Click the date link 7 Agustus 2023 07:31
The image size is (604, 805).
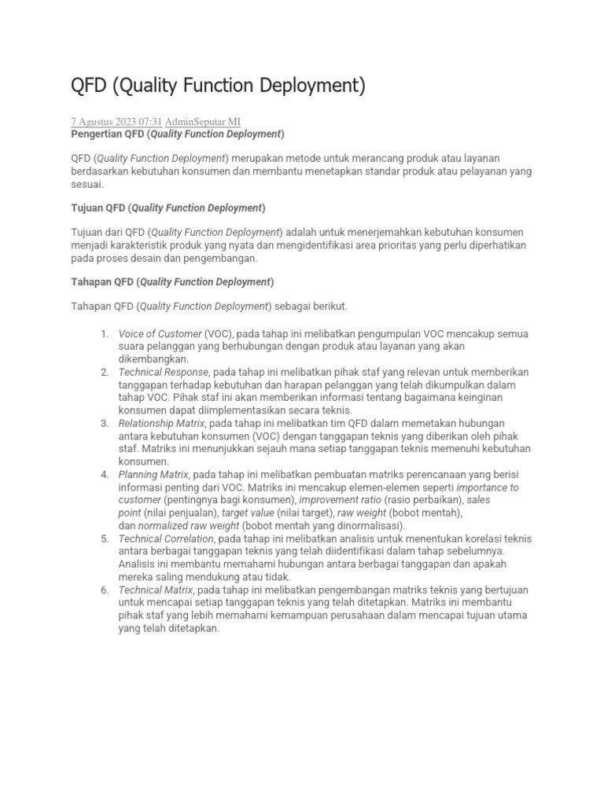tap(116, 121)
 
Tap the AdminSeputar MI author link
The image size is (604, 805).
tap(203, 121)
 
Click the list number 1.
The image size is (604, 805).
tap(105, 334)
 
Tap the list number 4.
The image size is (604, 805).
tap(105, 475)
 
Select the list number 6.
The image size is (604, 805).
tap(105, 590)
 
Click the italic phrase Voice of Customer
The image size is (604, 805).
tap(160, 334)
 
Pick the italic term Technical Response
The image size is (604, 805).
tap(164, 372)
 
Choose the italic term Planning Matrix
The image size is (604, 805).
tap(153, 475)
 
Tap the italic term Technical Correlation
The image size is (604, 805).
tap(166, 539)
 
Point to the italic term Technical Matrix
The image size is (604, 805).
tap(155, 590)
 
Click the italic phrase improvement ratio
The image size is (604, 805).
tap(339, 499)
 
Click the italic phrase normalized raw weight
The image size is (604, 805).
tap(188, 525)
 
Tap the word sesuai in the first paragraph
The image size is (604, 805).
tap(87, 185)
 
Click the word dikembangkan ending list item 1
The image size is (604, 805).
tap(153, 358)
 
